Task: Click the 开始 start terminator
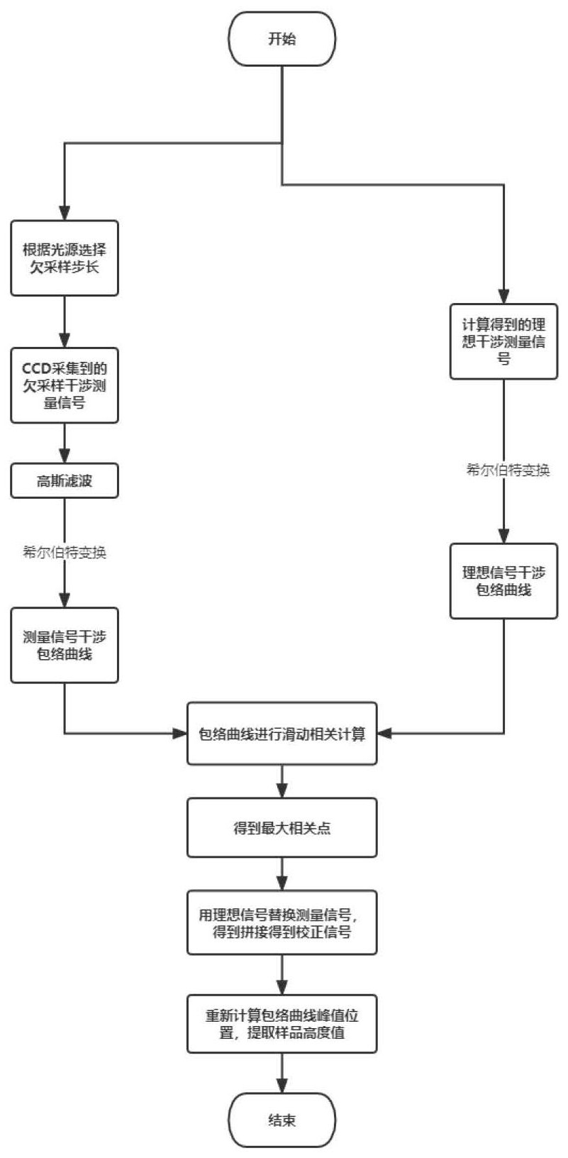point(282,39)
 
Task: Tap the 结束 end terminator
point(282,1120)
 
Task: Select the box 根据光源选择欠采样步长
point(65,258)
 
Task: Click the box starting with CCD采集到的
point(65,385)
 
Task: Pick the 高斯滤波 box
point(65,482)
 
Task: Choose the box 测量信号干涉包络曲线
point(65,645)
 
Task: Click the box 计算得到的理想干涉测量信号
point(503,341)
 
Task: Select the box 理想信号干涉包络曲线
point(503,580)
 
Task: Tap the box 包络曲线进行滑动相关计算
point(282,734)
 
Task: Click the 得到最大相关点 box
point(282,828)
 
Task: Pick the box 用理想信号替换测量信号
point(282,923)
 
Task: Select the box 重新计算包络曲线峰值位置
point(282,1024)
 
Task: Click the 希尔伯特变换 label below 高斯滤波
point(65,553)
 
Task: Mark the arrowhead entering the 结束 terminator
point(282,1086)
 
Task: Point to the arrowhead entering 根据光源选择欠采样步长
point(65,213)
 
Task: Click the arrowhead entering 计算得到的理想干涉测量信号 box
point(503,297)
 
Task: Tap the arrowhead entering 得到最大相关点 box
point(282,790)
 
